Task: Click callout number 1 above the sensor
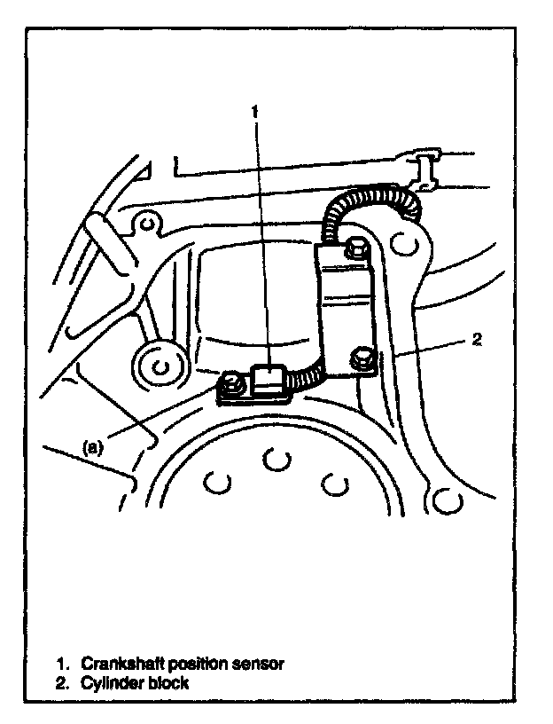pyautogui.click(x=255, y=113)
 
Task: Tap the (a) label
pyautogui.click(x=94, y=448)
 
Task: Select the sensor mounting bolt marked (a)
pyautogui.click(x=232, y=383)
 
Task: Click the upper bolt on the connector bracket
pyautogui.click(x=357, y=251)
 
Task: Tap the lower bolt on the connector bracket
pyautogui.click(x=362, y=359)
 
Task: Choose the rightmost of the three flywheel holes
pyautogui.click(x=333, y=483)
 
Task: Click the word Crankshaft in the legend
pyautogui.click(x=120, y=664)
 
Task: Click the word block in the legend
pyautogui.click(x=168, y=684)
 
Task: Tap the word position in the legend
pyautogui.click(x=198, y=664)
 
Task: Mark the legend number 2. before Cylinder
pyautogui.click(x=63, y=684)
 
